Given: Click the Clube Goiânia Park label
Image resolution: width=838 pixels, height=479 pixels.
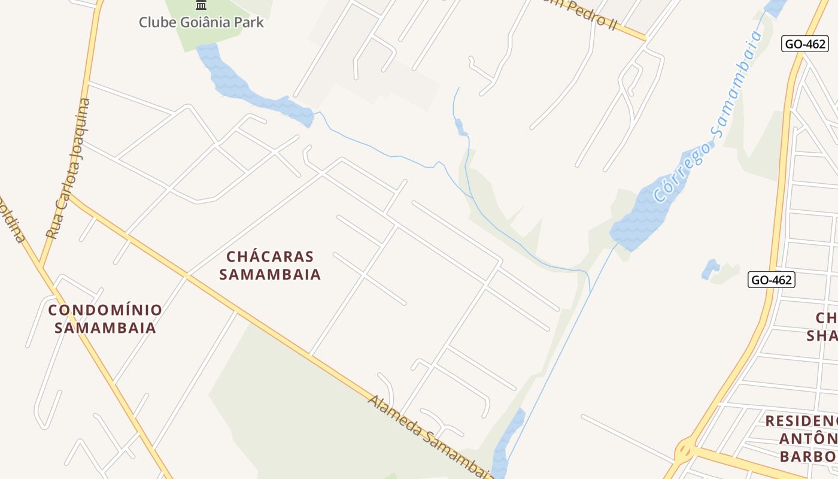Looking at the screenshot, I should point(201,23).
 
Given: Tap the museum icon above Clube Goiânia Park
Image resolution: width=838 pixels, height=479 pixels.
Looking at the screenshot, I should point(201,5).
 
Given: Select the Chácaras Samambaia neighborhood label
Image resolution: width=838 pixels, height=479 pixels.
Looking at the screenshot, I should point(270,265).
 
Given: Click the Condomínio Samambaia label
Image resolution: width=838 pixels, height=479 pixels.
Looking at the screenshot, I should point(105,319).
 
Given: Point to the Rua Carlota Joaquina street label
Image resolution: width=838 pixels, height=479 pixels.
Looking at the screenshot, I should point(68,169).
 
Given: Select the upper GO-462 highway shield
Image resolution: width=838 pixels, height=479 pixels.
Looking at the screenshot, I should point(804,43).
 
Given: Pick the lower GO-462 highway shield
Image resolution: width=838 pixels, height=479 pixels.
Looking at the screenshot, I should point(771,280).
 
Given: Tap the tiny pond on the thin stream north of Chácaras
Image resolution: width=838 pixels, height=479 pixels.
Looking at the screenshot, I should point(459,126).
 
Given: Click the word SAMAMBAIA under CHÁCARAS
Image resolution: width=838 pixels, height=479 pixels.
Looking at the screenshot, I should point(270,275).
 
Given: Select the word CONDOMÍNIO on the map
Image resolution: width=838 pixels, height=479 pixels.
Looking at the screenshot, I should point(105,310).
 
